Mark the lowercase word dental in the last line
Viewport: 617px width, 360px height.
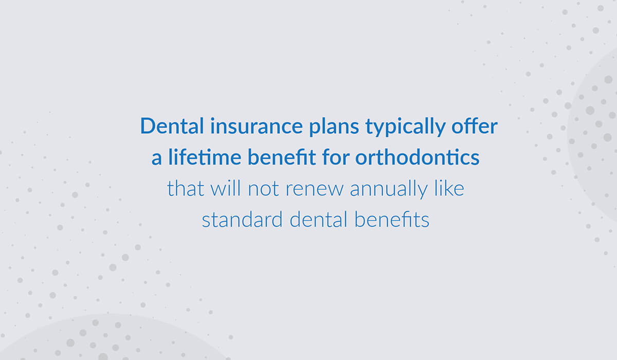click(318, 220)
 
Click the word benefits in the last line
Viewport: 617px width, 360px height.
click(392, 220)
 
